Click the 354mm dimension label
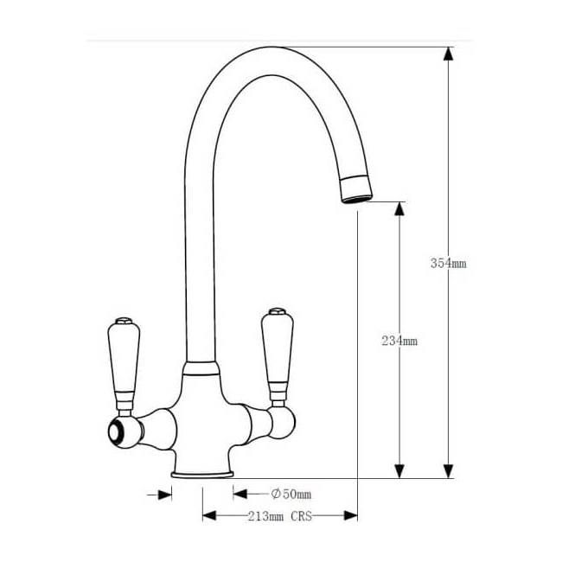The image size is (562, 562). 448,264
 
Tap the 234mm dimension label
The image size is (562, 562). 399,341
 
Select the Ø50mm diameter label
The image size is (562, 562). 291,495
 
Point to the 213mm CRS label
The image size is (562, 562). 278,516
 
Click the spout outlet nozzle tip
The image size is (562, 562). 355,190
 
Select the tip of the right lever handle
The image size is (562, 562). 277,310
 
